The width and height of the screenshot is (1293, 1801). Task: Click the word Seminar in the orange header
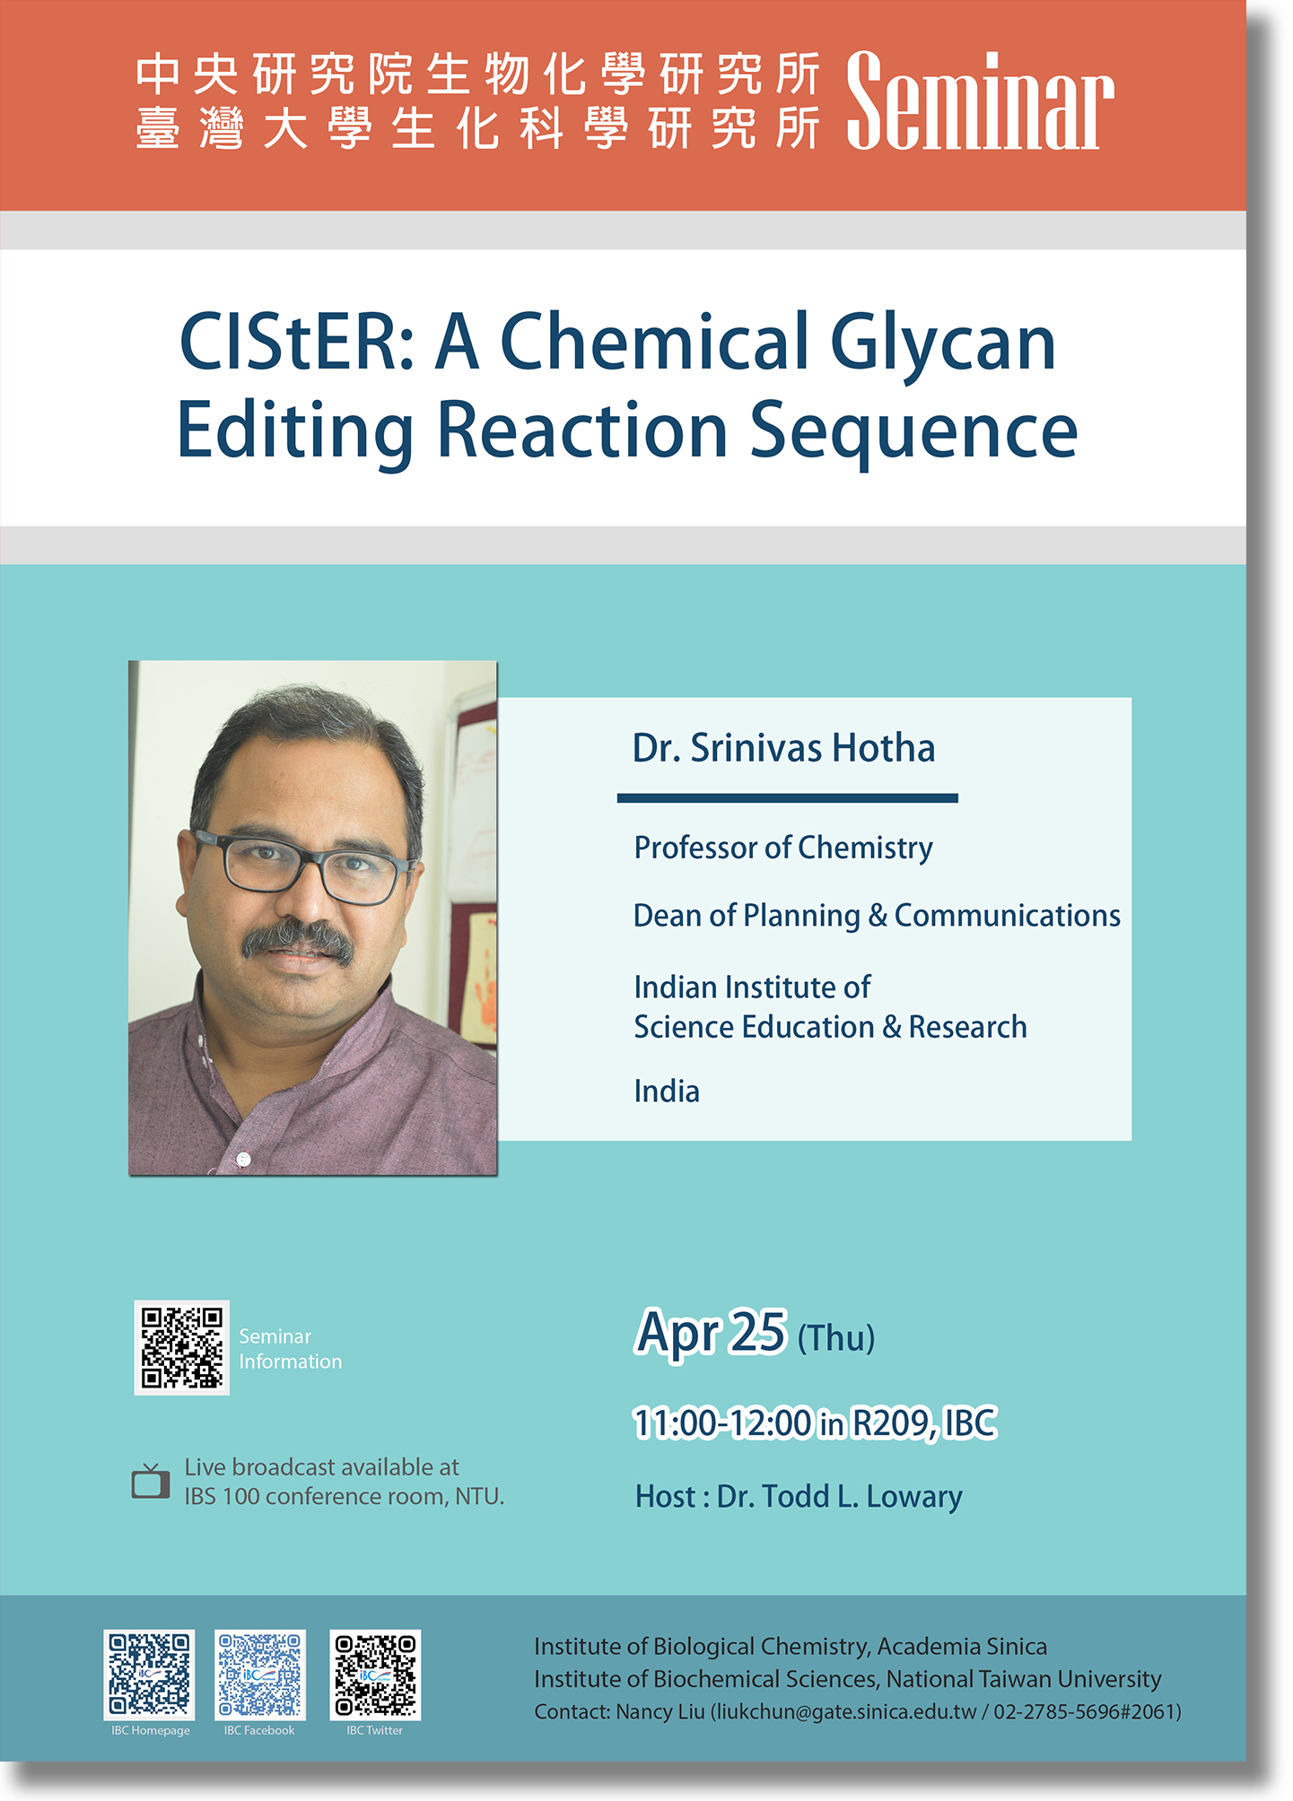pos(980,100)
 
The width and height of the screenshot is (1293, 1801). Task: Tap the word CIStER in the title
pos(297,342)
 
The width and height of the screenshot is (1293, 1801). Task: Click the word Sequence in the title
pos(913,433)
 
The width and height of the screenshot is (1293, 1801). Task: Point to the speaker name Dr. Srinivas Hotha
pos(783,748)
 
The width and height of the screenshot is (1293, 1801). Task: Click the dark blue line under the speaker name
pos(787,797)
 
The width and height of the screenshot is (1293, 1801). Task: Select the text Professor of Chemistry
pos(783,848)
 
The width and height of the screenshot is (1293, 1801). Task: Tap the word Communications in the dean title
pos(1007,915)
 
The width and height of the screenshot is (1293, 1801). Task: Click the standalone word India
pos(667,1092)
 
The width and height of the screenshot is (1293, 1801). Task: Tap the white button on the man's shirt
pos(242,1160)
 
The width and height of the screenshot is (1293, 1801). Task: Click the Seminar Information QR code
pos(182,1347)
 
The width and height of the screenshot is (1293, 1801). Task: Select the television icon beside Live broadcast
pos(151,1481)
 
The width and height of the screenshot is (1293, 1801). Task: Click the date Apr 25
pos(711,1333)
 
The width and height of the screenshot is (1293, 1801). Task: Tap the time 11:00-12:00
pos(722,1423)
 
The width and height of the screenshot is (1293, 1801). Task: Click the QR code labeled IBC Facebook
pos(260,1675)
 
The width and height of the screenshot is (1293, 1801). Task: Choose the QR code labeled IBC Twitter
pos(375,1675)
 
